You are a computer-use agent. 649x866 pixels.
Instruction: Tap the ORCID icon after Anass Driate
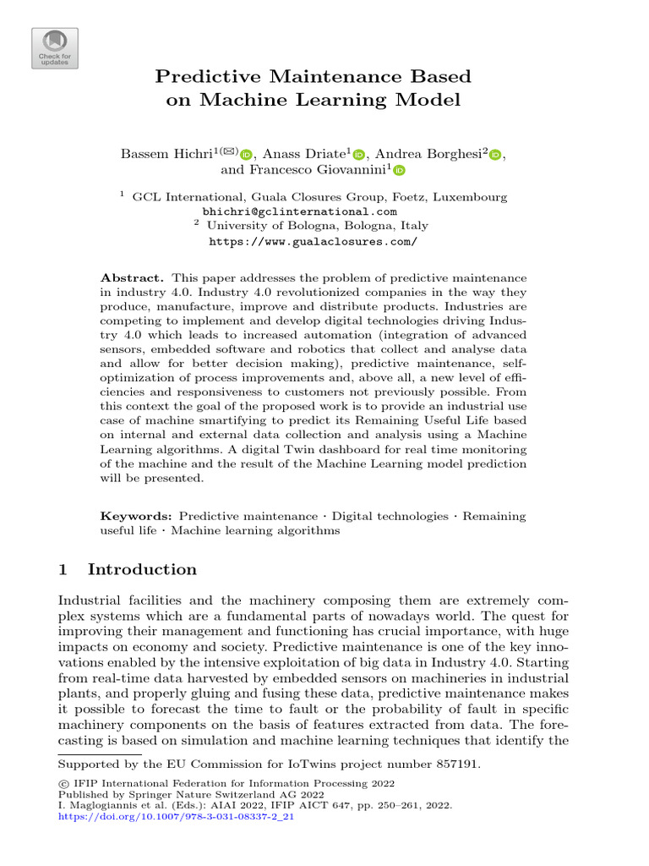click(358, 154)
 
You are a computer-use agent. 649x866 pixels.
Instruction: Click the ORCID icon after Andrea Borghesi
click(495, 154)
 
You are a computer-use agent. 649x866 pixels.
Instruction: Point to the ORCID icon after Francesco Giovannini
click(399, 170)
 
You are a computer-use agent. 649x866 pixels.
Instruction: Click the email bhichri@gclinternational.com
click(300, 211)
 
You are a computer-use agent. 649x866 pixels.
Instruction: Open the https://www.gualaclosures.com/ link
click(313, 241)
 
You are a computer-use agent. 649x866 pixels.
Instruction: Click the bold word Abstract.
click(134, 277)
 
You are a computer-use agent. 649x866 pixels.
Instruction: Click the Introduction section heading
click(142, 569)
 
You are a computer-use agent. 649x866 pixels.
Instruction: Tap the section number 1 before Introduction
click(62, 569)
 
